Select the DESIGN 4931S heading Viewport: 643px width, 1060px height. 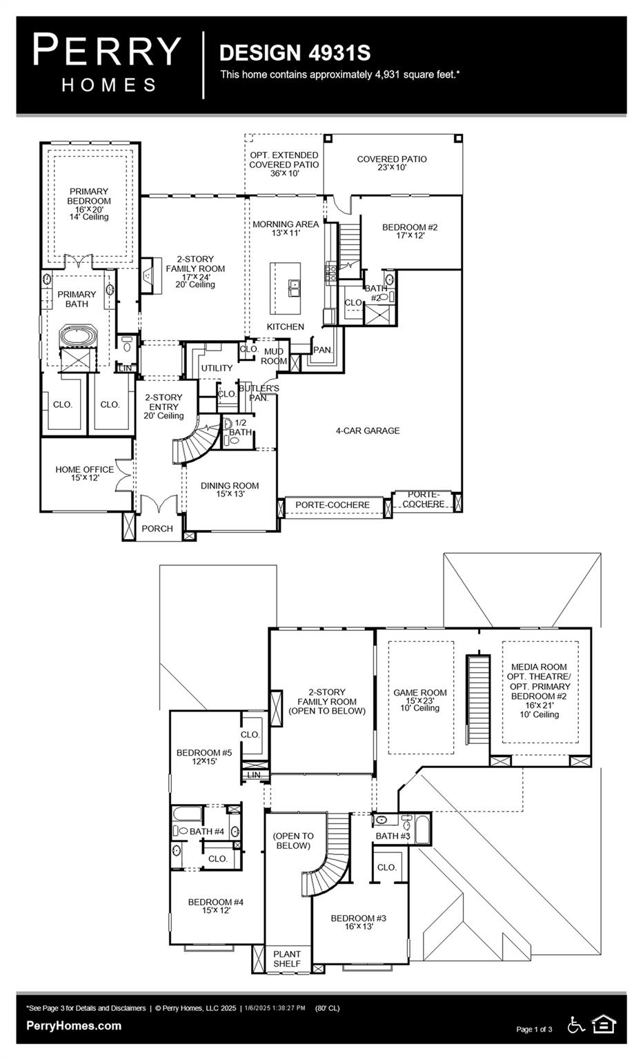click(x=295, y=52)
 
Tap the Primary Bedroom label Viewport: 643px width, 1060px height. click(x=89, y=204)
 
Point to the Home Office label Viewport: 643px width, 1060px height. click(x=84, y=473)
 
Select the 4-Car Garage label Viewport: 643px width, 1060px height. click(x=368, y=431)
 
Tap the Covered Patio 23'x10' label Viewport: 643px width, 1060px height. click(x=392, y=163)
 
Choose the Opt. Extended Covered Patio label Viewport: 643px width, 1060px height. click(x=284, y=164)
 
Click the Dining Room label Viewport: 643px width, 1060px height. click(x=230, y=489)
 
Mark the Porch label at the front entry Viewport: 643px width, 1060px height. click(x=157, y=529)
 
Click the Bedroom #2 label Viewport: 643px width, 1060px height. click(x=410, y=231)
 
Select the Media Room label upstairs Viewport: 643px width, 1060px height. click(x=540, y=690)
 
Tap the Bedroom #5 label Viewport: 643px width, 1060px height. click(x=204, y=756)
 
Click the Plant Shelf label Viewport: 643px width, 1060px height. click(x=287, y=959)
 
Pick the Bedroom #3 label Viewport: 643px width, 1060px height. click(x=358, y=922)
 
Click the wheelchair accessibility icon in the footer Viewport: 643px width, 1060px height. click(x=575, y=1025)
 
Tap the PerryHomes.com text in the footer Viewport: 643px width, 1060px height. click(x=74, y=1025)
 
